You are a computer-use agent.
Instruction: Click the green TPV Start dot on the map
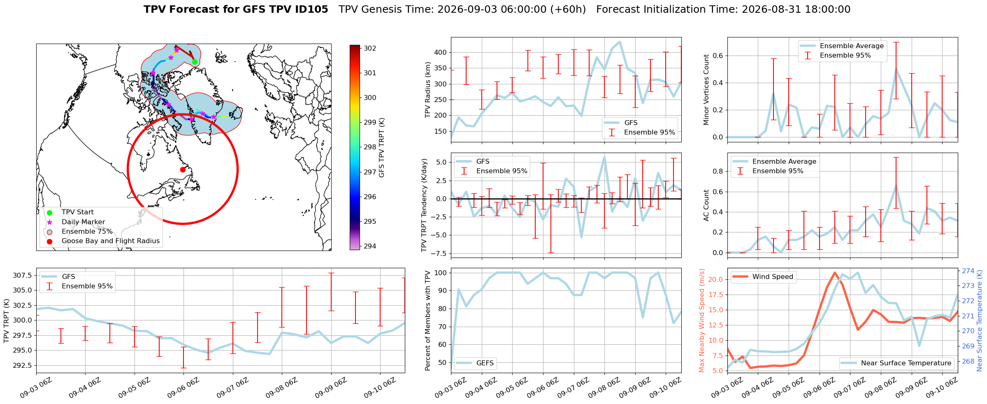click(x=195, y=62)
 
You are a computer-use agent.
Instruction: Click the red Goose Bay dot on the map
click(x=183, y=169)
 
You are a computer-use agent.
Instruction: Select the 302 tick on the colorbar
click(x=370, y=48)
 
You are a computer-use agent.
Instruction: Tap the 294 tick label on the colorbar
click(x=370, y=246)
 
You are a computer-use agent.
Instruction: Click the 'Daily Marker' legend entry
click(x=83, y=222)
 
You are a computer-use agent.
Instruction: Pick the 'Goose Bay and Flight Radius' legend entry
click(x=110, y=241)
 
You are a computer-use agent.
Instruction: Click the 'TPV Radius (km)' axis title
click(x=428, y=90)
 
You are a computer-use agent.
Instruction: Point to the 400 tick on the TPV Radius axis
click(x=441, y=53)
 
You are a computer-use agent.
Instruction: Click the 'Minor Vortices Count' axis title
click(x=706, y=90)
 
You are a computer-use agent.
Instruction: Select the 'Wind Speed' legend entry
click(x=773, y=276)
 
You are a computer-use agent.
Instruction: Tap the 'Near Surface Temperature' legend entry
click(x=906, y=363)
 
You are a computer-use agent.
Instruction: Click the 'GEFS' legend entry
click(x=485, y=363)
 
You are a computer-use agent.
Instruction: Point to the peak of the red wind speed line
click(x=835, y=272)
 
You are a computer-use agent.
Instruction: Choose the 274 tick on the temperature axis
click(x=968, y=271)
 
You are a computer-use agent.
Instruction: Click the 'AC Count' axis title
click(x=706, y=205)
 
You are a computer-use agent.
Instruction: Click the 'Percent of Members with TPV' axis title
click(x=428, y=320)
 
